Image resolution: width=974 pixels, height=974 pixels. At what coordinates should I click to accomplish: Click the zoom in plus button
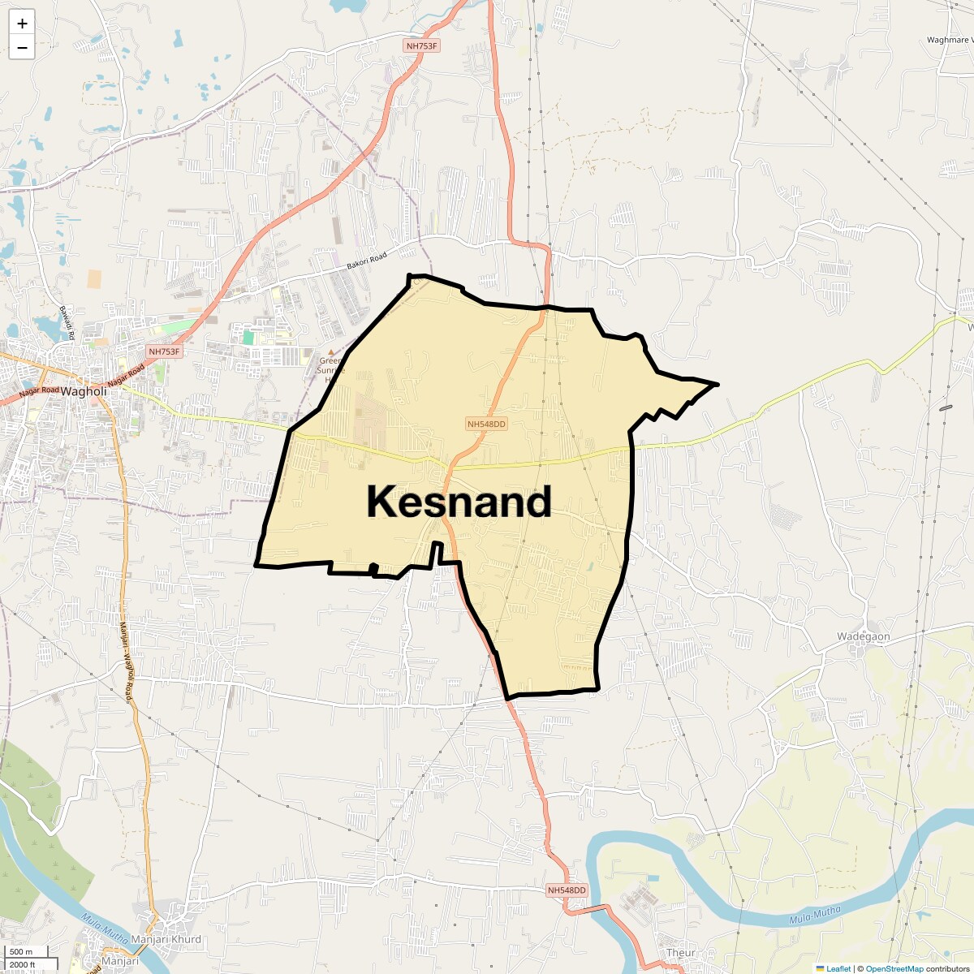point(22,24)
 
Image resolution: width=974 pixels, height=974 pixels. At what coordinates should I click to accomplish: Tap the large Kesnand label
point(459,502)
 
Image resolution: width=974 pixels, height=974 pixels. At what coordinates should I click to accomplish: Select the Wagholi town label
point(84,391)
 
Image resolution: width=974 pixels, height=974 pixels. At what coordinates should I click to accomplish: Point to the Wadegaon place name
point(863,637)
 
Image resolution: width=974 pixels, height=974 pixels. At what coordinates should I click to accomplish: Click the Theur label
point(680,953)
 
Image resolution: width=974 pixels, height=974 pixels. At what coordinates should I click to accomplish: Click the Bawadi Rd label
point(66,323)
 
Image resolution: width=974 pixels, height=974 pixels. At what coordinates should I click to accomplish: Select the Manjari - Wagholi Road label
point(126,662)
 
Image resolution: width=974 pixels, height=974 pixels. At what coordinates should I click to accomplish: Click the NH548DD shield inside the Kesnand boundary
point(486,424)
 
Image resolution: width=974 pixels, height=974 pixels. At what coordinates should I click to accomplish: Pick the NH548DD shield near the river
point(567,890)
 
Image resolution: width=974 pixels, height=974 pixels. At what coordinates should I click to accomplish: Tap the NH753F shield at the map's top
point(421,46)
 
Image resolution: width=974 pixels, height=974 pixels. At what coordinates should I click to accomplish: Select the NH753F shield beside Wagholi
point(164,351)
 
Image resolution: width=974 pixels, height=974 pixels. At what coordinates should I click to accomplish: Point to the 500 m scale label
point(22,952)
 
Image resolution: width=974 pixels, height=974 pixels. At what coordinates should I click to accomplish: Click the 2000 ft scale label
point(22,964)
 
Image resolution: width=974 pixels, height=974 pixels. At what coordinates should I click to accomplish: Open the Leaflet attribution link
point(838,968)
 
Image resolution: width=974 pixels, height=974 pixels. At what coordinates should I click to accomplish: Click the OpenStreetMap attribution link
point(894,968)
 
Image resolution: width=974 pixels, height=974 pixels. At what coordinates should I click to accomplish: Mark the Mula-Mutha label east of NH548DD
point(815,916)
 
